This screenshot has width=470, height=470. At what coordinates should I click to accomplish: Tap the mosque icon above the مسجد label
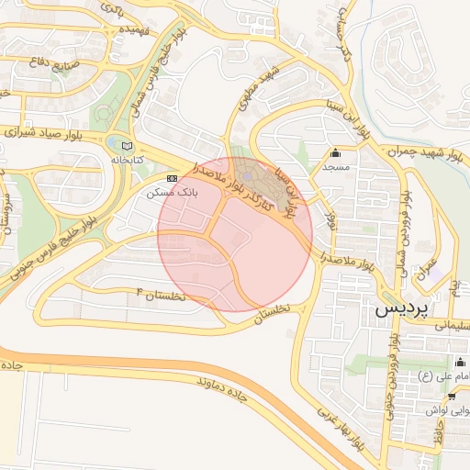click(x=335, y=152)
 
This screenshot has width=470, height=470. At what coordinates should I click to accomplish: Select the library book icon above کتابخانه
click(x=126, y=145)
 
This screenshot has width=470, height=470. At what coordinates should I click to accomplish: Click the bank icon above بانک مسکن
click(x=172, y=178)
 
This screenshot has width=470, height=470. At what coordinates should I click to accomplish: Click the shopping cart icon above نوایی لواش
click(x=453, y=396)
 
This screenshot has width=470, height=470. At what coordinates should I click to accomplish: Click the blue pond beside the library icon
click(x=113, y=145)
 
